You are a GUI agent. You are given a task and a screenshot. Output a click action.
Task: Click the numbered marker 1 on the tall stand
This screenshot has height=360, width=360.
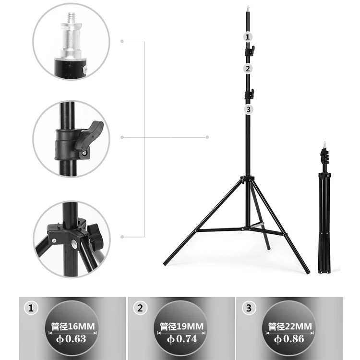click(248, 36)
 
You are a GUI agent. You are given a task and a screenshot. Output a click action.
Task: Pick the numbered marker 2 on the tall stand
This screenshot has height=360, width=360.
click(248, 68)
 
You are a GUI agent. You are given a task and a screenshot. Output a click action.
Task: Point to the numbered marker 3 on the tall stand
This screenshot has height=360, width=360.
click(248, 109)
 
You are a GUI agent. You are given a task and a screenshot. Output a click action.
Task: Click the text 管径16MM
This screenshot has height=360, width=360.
click(73, 327)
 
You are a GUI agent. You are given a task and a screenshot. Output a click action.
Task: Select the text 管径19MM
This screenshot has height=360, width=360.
click(181, 327)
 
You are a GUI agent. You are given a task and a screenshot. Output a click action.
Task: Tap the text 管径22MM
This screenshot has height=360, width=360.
click(290, 327)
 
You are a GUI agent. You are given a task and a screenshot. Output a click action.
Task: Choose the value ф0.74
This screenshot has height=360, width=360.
click(181, 339)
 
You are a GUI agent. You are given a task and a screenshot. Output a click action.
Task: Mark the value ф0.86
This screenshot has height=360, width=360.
click(290, 339)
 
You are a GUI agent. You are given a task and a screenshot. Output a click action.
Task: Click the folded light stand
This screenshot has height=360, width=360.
click(325, 211)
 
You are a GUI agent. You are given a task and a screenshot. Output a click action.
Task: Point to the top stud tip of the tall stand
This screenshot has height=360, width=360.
click(247, 8)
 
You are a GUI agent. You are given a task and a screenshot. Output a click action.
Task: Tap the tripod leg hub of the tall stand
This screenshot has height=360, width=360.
click(247, 180)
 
